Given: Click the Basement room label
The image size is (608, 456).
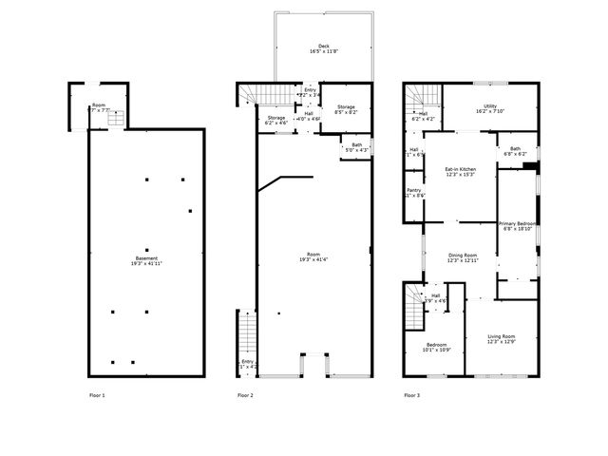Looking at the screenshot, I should coord(145,258).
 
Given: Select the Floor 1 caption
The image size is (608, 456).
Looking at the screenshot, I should coord(97,394).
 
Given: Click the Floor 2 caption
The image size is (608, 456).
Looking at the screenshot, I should coord(245,394).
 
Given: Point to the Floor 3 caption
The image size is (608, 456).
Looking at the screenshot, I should coord(411,394).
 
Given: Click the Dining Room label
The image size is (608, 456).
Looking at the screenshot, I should coord(462,256).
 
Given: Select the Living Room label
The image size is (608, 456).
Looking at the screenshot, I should coord(501,336).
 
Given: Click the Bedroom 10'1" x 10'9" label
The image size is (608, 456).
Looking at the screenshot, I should coord(437,345).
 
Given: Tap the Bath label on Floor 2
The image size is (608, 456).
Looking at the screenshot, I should coord(355,145).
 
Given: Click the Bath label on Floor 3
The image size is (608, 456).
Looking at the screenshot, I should coord(514,149).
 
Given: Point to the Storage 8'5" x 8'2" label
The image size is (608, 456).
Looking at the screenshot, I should coord(345,107).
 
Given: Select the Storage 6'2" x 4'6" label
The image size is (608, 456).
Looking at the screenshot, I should coord(275,118).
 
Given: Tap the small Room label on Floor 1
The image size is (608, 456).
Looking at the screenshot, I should coord(99,105).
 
